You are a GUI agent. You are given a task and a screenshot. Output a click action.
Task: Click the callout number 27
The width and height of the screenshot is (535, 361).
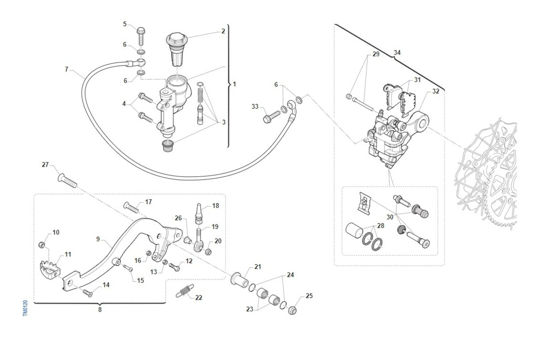pos(45,165)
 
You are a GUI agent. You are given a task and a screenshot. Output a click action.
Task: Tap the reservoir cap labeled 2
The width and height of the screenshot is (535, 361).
pos(177,49)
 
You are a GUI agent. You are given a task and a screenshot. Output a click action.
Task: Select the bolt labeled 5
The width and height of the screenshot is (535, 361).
pos(141,37)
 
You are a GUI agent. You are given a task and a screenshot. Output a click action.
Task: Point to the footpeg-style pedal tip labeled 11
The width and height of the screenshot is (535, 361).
pos(50,270)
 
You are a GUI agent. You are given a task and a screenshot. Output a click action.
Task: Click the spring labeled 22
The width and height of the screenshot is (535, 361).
pos(185,291)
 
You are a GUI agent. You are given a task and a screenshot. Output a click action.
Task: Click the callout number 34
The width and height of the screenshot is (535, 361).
pos(397,52)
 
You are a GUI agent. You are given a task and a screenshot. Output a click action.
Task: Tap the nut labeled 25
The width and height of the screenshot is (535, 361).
pos(292,310)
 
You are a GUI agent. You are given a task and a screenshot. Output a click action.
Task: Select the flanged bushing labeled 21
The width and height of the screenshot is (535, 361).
pos(239,279)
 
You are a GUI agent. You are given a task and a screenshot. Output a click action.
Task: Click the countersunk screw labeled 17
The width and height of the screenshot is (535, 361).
pos(131,208)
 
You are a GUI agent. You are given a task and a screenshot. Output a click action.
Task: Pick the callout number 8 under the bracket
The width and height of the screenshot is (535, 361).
pos(100,309)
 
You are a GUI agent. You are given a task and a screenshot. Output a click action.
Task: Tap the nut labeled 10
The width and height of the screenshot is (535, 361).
pos(42,245)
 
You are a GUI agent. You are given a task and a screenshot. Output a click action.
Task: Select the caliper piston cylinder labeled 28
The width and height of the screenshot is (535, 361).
pos(354,231)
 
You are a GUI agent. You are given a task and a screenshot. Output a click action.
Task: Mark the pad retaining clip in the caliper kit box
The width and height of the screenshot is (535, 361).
pos(365,203)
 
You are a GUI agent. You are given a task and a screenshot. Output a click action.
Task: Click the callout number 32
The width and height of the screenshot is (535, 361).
pos(436,91)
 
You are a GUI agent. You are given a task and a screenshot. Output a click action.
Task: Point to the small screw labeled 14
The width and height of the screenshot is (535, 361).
pos(88,293)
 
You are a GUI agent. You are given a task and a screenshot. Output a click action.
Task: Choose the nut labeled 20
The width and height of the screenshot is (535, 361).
pos(208,251)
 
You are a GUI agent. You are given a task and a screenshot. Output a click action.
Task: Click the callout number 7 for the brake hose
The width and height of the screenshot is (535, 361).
pos(66,69)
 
